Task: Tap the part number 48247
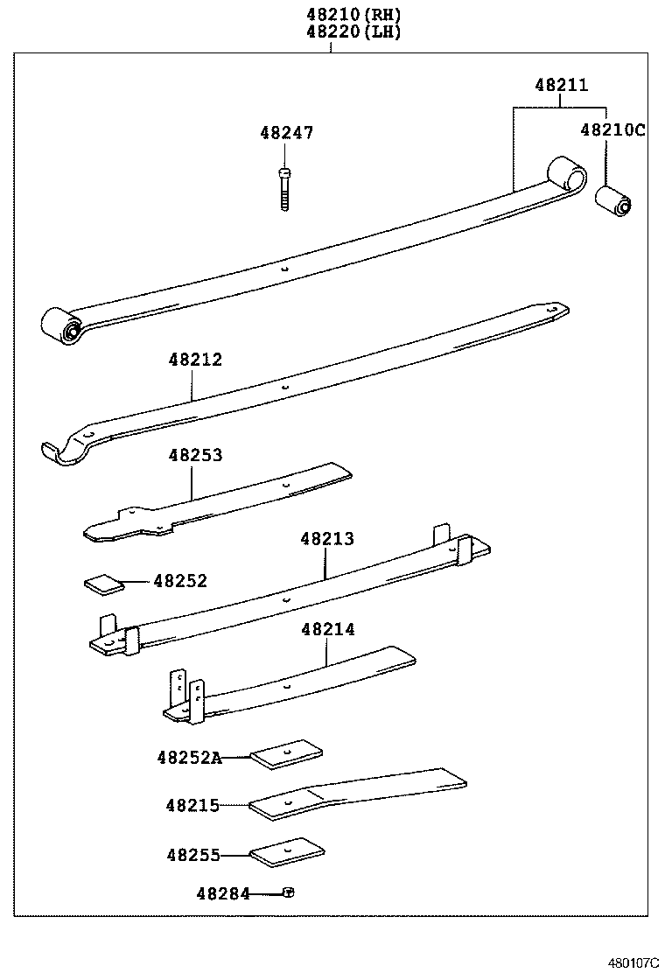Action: point(286,133)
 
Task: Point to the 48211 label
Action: point(562,86)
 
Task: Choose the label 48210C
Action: point(612,130)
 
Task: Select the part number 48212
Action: point(195,360)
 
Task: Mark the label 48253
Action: point(195,455)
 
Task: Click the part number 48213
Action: point(327,539)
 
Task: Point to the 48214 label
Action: point(327,629)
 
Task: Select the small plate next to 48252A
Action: point(287,755)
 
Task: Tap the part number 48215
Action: point(193,805)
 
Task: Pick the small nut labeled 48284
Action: point(288,892)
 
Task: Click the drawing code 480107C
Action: point(633,962)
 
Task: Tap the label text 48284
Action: point(222,893)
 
